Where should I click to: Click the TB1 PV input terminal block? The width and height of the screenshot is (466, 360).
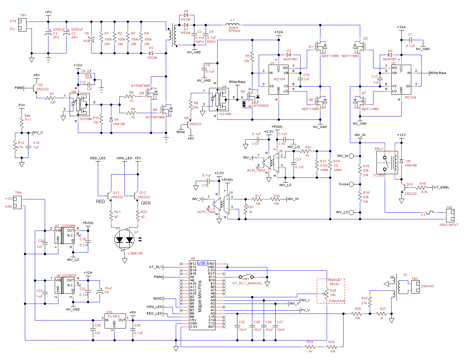click(22, 25)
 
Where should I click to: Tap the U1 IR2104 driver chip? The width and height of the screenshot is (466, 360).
click(278, 79)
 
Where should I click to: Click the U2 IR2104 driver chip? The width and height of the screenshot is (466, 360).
click(401, 79)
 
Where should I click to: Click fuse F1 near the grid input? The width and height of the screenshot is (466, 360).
click(430, 212)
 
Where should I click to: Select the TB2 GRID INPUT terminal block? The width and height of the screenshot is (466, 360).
click(450, 216)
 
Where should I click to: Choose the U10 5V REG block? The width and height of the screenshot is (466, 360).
click(115, 321)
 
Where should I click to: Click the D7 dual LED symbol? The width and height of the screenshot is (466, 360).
click(124, 240)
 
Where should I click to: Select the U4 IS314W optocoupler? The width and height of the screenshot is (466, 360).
click(80, 105)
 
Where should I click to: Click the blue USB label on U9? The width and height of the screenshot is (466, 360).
click(202, 263)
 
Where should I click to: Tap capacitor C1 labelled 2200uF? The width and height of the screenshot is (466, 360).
click(48, 33)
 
